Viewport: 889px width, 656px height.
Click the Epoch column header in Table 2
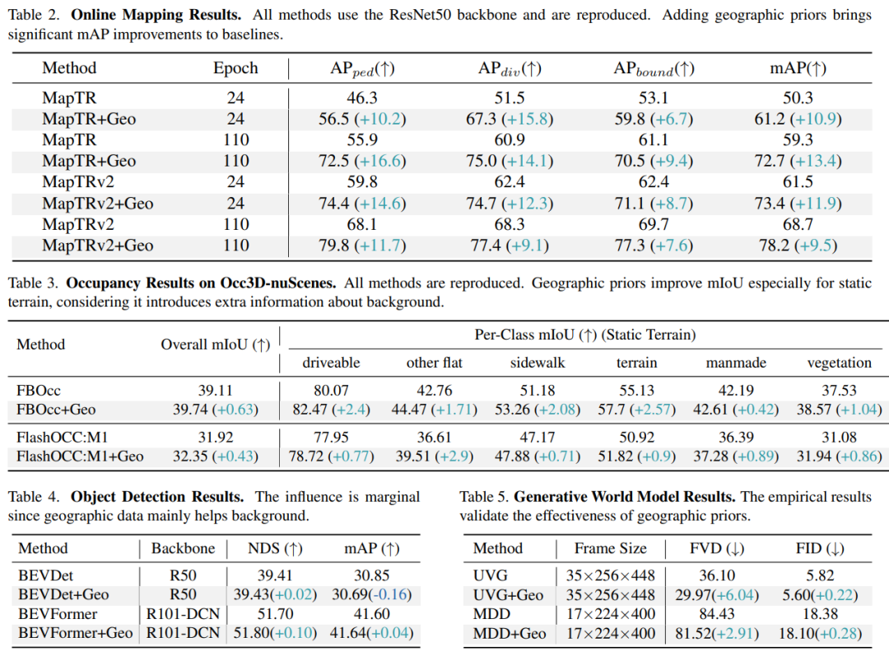(235, 68)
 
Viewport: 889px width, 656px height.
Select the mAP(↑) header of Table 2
(798, 68)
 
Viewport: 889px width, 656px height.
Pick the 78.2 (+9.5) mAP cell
(798, 246)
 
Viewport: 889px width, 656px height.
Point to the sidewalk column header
(538, 363)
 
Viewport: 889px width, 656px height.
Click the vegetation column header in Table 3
(839, 363)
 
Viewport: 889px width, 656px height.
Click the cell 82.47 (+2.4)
(329, 410)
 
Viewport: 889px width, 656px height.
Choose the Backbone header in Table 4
(183, 548)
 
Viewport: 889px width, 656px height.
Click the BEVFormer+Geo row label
(75, 633)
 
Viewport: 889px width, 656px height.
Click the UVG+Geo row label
(508, 594)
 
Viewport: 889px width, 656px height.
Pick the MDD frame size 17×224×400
(610, 614)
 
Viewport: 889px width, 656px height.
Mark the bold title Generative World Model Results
(625, 497)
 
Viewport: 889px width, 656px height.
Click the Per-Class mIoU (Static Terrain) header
(584, 335)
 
